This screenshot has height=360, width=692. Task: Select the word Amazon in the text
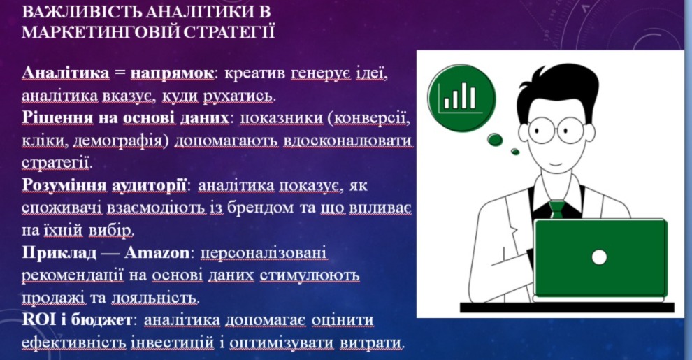pos(157,253)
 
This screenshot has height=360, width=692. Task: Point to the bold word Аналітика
pos(66,73)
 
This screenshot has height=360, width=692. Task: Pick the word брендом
pos(260,208)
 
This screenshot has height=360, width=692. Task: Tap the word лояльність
pos(154,298)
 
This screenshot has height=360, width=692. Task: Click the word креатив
pos(254,73)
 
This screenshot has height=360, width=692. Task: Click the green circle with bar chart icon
pos(461,98)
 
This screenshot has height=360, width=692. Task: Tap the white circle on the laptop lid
pos(599,257)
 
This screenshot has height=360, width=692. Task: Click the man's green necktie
pos(557,209)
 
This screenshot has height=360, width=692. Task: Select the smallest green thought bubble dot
pos(514,152)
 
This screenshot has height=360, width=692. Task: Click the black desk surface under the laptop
pos(567,308)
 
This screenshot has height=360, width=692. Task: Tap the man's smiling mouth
pos(556,164)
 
